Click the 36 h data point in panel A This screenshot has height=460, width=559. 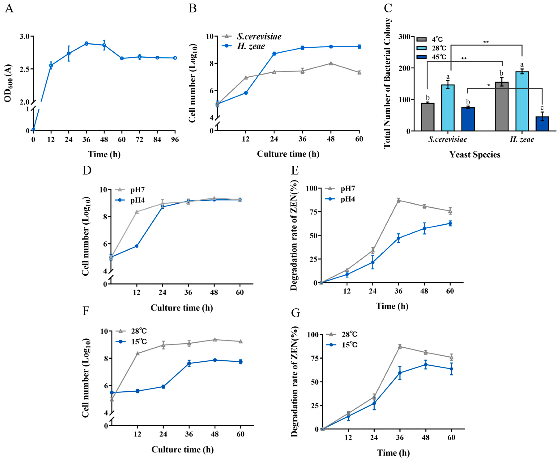pos(86,43)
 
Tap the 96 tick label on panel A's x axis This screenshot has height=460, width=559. pos(175,140)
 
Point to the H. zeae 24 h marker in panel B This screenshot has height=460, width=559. pos(274,54)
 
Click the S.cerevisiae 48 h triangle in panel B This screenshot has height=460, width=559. pos(331,63)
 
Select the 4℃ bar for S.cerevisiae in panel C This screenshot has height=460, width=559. pos(427,117)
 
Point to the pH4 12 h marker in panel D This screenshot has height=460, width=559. pos(137,246)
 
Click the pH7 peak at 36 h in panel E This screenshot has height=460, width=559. pos(398,200)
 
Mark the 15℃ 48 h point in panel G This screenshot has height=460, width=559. pos(426,365)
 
